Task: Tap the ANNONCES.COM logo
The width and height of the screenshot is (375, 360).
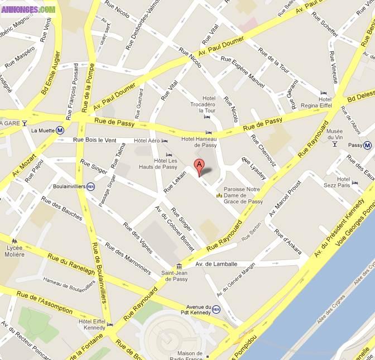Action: pyautogui.click(x=28, y=9)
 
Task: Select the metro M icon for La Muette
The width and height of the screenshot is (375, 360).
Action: pyautogui.click(x=60, y=131)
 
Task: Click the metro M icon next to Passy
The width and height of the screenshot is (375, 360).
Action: pyautogui.click(x=367, y=146)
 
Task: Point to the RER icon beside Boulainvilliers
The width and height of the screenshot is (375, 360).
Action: pyautogui.click(x=90, y=186)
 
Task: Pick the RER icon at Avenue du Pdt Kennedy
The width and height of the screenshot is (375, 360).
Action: pyautogui.click(x=217, y=309)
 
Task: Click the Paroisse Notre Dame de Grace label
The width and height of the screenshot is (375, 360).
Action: pyautogui.click(x=243, y=195)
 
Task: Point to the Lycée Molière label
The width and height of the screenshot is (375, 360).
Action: pyautogui.click(x=15, y=251)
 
